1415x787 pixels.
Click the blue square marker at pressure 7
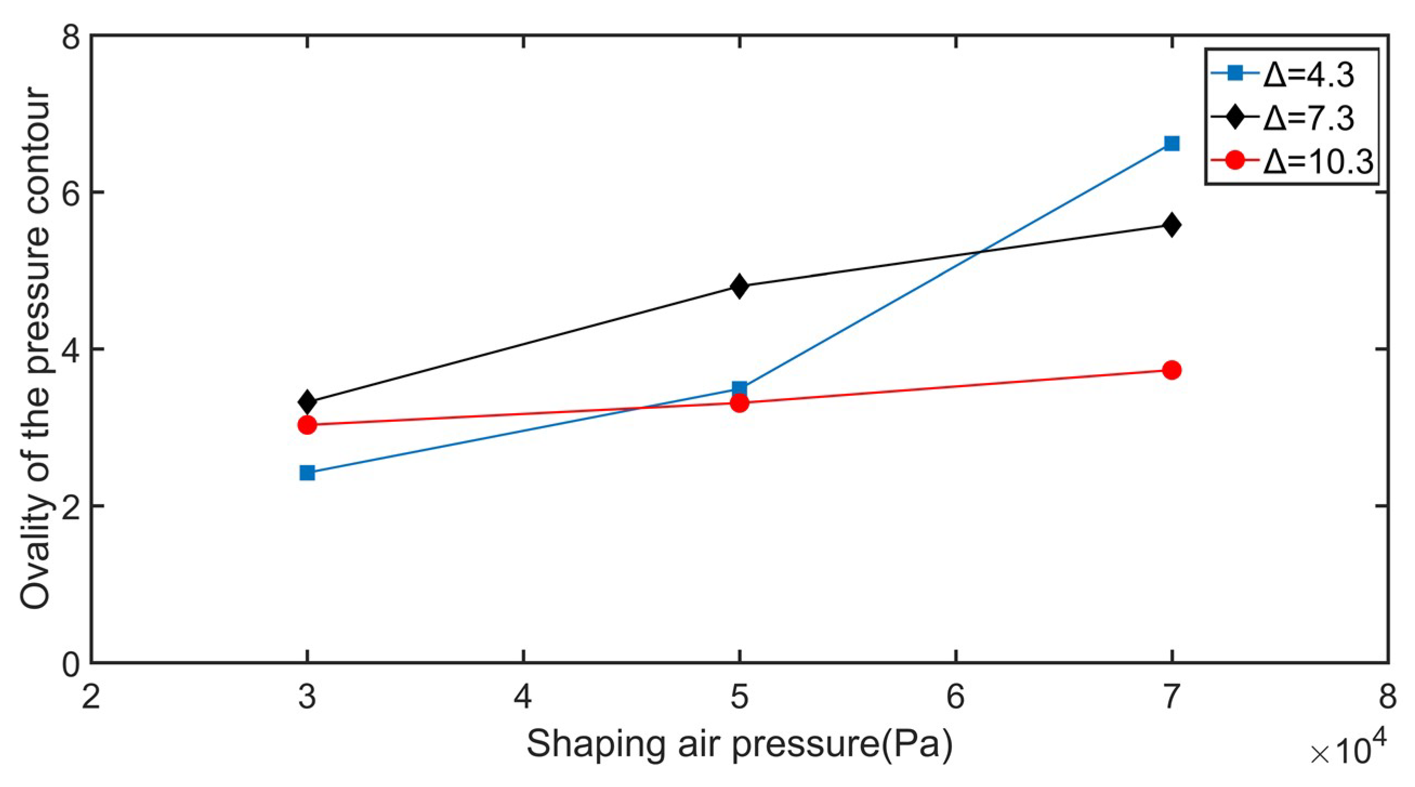[1172, 144]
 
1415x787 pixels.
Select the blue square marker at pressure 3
[307, 472]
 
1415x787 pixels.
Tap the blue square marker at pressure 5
[740, 388]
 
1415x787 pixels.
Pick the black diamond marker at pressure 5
[740, 286]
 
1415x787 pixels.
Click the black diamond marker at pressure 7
[1172, 224]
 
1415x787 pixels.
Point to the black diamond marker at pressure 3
[307, 402]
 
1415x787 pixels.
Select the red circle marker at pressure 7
[1172, 370]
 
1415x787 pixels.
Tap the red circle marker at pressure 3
[307, 425]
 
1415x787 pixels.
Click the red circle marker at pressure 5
[740, 404]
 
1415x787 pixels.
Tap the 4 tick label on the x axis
[523, 697]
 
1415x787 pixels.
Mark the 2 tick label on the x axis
[91, 697]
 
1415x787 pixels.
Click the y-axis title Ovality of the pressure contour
[36, 349]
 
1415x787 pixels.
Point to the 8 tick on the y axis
[70, 36]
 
